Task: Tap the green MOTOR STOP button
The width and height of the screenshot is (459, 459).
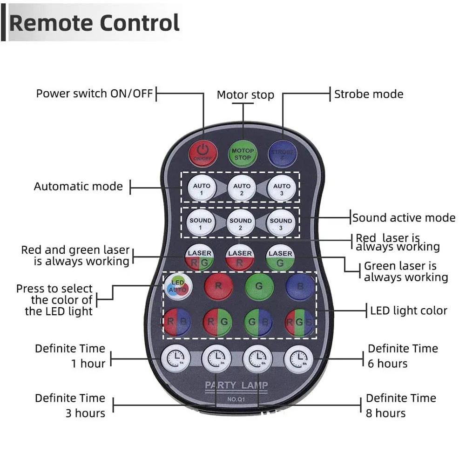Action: pyautogui.click(x=242, y=153)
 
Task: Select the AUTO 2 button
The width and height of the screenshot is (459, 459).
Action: pyautogui.click(x=242, y=188)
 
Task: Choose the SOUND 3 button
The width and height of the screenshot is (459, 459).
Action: pyautogui.click(x=281, y=223)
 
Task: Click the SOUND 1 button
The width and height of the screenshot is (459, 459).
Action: pyautogui.click(x=201, y=223)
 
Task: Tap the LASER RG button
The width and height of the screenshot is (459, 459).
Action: pyautogui.click(x=200, y=257)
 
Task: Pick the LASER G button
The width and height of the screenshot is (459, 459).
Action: pyautogui.click(x=280, y=257)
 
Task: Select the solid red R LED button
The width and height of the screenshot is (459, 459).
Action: pyautogui.click(x=218, y=286)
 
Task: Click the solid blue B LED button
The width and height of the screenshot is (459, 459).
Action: pyautogui.click(x=299, y=286)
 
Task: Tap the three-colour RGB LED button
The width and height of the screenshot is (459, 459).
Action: pyautogui.click(x=299, y=322)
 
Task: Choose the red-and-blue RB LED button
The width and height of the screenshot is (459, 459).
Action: pyautogui.click(x=177, y=322)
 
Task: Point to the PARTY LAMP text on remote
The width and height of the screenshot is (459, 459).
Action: pyautogui.click(x=236, y=385)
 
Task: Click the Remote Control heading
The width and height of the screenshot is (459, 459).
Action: pyautogui.click(x=94, y=23)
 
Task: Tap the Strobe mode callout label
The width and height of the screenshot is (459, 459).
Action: pyautogui.click(x=368, y=94)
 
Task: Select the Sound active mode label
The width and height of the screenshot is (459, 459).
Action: pyautogui.click(x=404, y=217)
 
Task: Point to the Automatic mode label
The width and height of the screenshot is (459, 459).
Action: pyautogui.click(x=78, y=187)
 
